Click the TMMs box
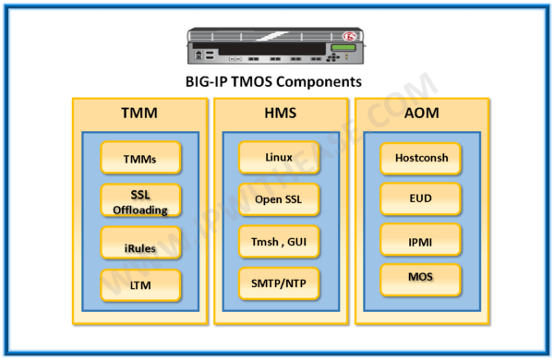140,159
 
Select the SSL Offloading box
140,201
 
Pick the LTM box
140,284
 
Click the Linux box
278,158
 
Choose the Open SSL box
278,198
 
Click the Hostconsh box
420,158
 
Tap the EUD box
420,198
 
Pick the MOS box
420,278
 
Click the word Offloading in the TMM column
140,210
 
